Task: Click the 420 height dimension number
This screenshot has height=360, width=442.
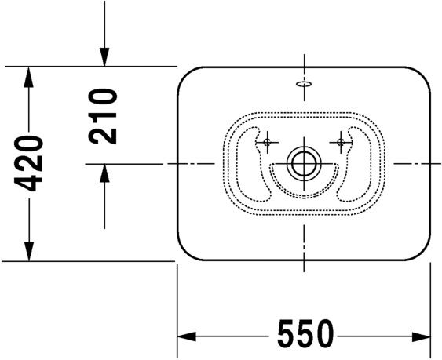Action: pyautogui.click(x=29, y=163)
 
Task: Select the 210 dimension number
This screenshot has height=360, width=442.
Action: pyautogui.click(x=103, y=116)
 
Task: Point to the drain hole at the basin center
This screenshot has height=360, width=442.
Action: pyautogui.click(x=302, y=164)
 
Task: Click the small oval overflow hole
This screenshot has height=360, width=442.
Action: pyautogui.click(x=303, y=83)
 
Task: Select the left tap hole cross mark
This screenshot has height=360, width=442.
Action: pyautogui.click(x=268, y=142)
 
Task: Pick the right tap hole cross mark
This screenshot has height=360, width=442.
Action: pyautogui.click(x=341, y=142)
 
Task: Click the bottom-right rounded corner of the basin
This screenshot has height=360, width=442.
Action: pyautogui.click(x=422, y=251)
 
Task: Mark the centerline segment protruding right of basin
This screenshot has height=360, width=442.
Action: pyautogui.click(x=416, y=163)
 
